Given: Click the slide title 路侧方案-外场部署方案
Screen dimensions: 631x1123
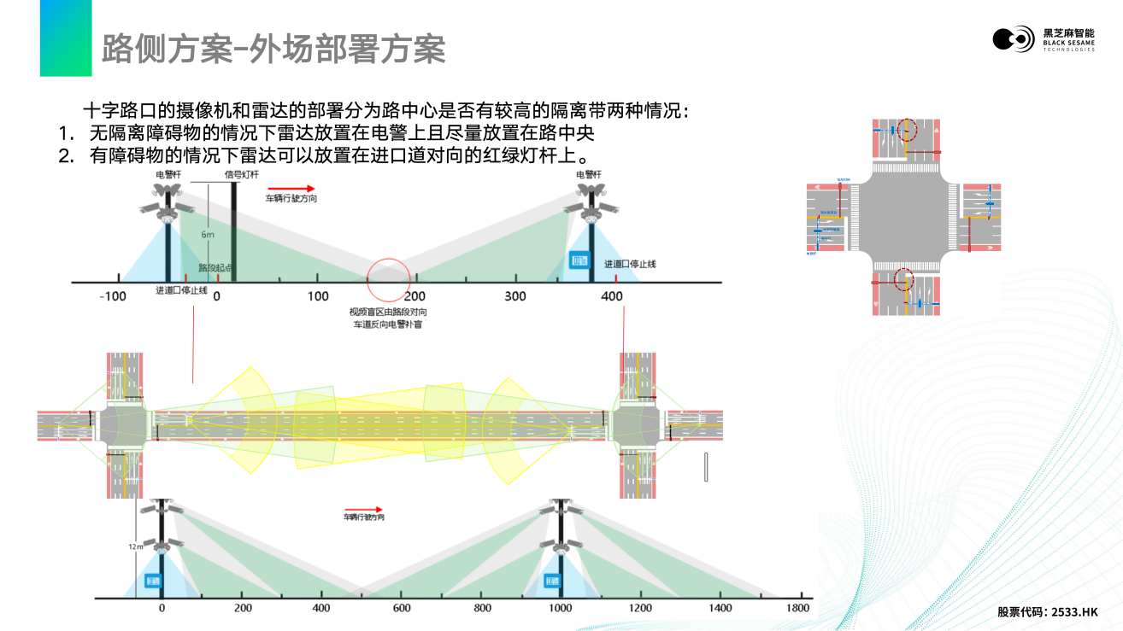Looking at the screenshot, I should click(273, 50).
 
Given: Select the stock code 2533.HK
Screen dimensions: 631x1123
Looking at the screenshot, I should click(1074, 612).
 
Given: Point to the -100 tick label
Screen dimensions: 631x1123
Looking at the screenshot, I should click(113, 296).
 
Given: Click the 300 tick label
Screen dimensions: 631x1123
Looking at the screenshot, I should click(515, 296).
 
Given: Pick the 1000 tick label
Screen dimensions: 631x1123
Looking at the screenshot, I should click(561, 608).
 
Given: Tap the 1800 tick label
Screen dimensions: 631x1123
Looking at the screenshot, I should click(797, 608).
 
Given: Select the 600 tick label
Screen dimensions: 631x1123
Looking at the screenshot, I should click(402, 608).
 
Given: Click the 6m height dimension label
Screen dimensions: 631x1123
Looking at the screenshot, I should click(208, 234).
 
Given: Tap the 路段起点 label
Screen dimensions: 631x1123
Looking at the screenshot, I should click(215, 268).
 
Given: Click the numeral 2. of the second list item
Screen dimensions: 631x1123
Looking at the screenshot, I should click(66, 155).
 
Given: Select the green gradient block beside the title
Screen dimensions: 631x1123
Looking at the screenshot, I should click(66, 38).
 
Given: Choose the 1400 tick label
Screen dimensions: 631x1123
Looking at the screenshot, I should click(720, 608).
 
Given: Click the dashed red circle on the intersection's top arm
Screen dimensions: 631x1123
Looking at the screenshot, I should click(906, 132).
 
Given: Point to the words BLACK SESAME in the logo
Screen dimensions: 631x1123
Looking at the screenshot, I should click(1068, 43).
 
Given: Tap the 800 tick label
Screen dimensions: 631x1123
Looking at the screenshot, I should click(482, 608).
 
